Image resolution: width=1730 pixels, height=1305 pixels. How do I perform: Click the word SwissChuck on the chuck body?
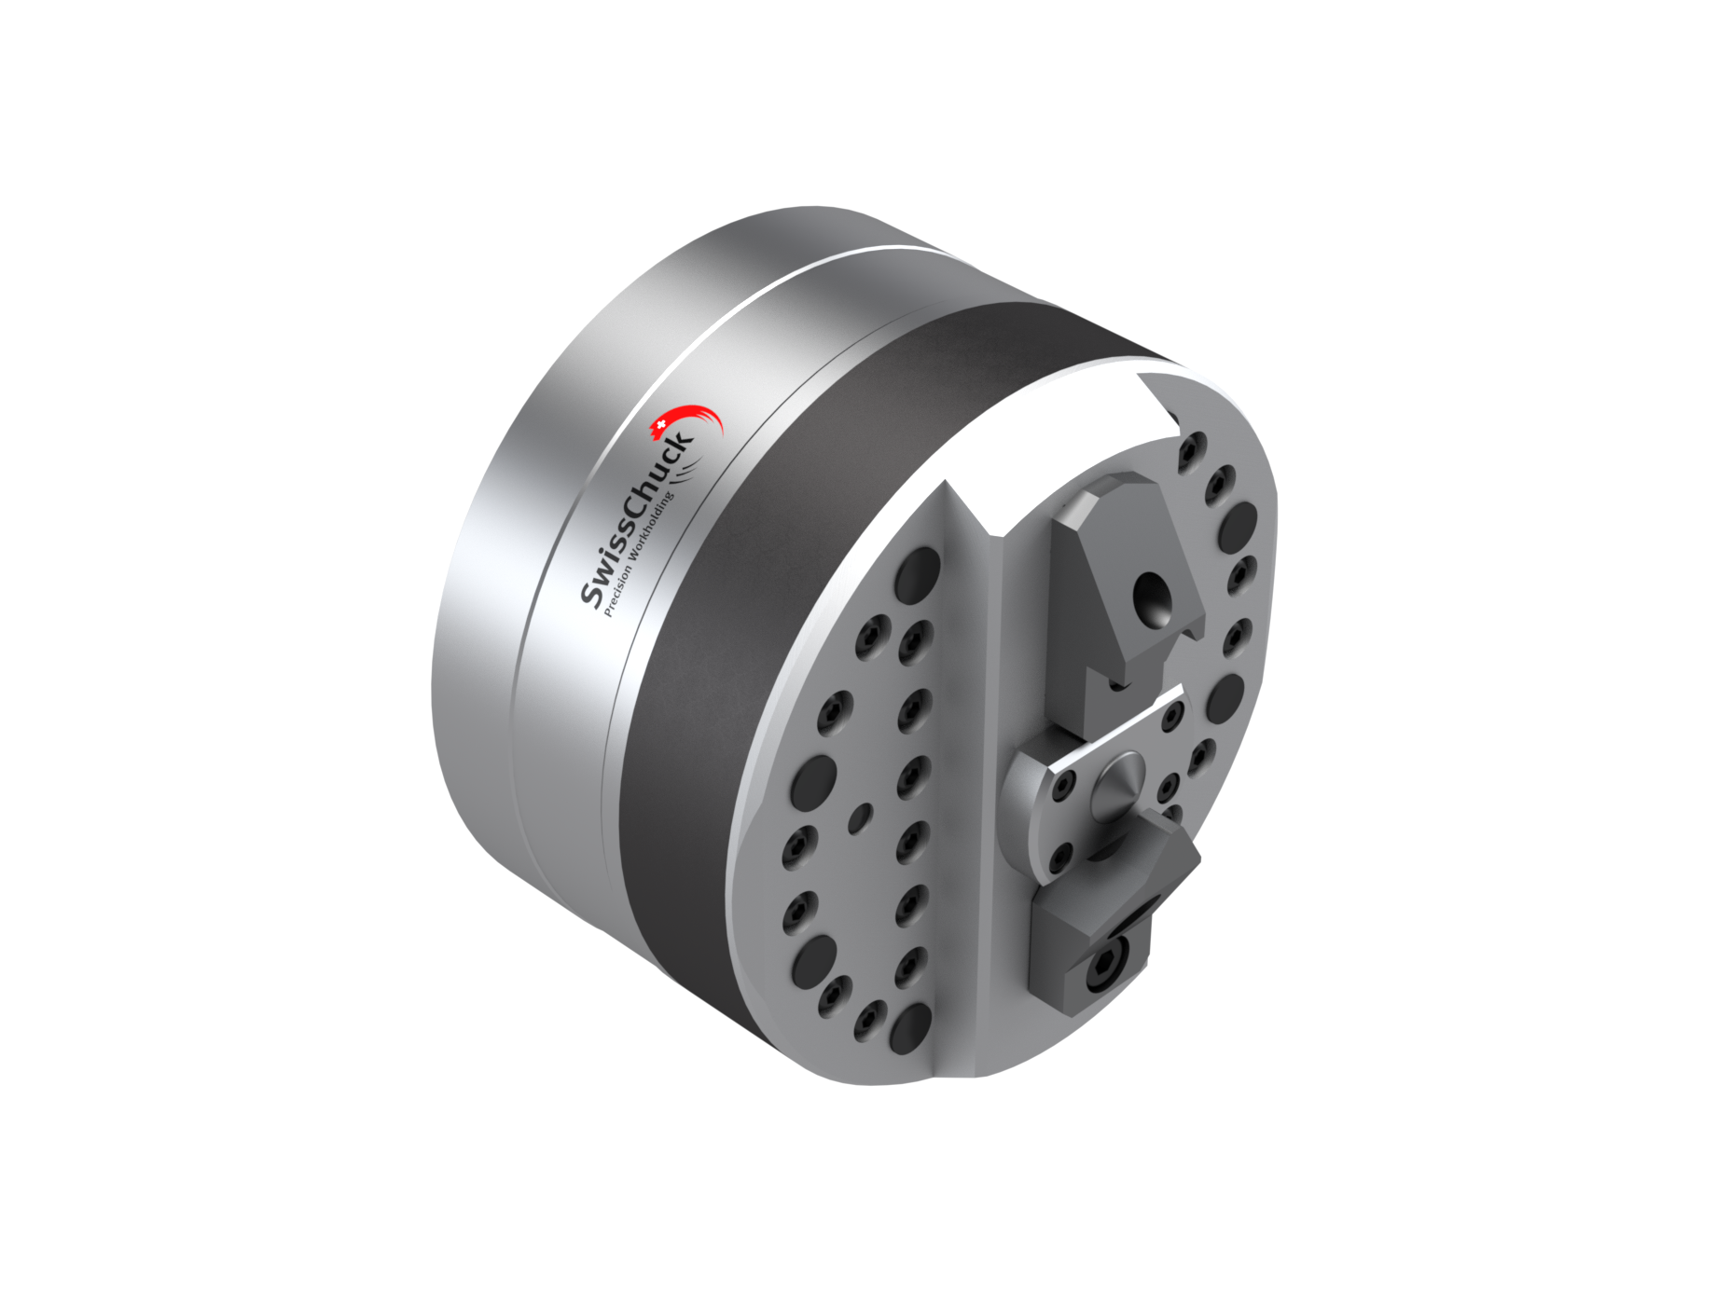[x=637, y=519]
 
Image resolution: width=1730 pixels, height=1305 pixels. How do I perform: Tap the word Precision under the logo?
[x=617, y=590]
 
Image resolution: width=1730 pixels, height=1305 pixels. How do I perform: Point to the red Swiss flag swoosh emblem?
[x=687, y=424]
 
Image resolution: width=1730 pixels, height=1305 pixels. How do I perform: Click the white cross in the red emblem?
[x=660, y=426]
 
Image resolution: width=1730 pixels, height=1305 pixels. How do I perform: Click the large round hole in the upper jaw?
[x=1151, y=597]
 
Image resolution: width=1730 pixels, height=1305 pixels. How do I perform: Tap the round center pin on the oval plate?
[x=1116, y=780]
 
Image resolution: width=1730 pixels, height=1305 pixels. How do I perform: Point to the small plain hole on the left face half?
[x=862, y=818]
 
